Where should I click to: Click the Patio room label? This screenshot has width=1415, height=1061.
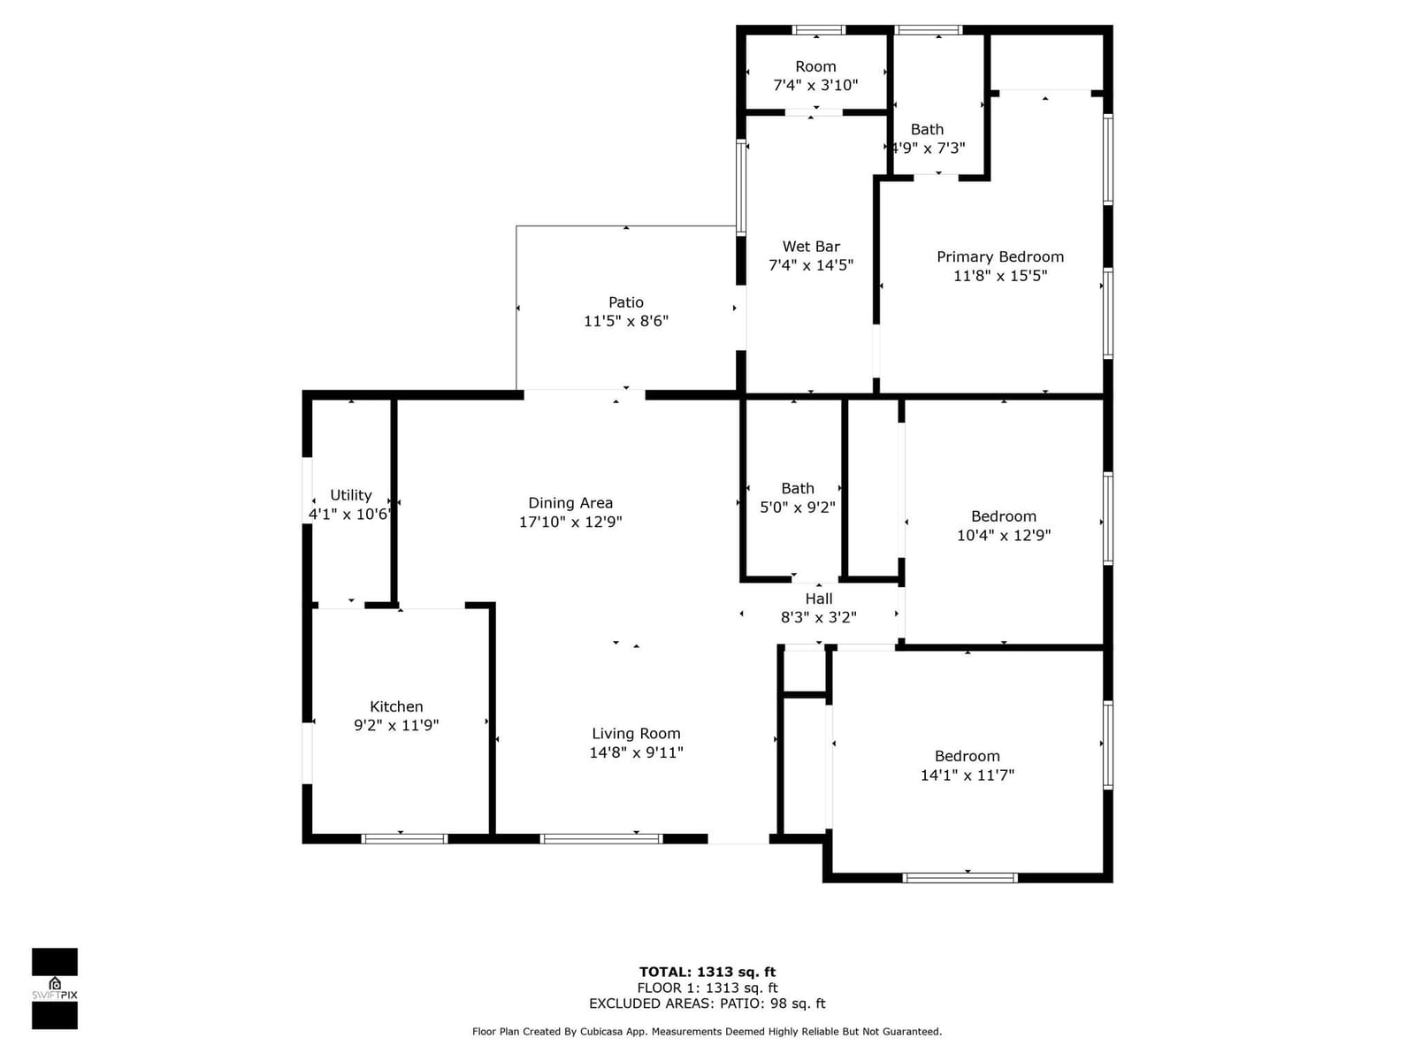[625, 302]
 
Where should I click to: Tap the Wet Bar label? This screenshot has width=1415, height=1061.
[810, 246]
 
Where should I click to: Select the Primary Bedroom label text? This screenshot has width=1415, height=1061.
[1000, 256]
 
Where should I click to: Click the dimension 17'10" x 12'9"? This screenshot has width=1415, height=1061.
[570, 521]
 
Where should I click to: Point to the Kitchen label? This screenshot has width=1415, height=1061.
[396, 706]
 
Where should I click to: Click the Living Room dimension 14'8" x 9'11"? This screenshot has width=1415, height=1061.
[636, 752]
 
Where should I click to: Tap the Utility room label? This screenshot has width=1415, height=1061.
[351, 495]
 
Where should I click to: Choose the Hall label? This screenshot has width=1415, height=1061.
[819, 599]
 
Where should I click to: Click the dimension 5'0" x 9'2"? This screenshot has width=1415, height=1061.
[798, 507]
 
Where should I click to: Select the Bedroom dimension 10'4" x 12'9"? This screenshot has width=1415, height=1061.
[1004, 535]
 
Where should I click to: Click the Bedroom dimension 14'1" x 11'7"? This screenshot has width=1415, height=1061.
[967, 775]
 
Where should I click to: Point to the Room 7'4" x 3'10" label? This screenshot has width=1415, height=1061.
[815, 75]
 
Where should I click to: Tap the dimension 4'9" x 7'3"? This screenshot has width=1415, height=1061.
[928, 149]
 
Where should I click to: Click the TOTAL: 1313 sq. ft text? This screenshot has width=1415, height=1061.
[707, 972]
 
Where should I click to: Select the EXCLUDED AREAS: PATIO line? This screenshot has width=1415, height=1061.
[707, 1003]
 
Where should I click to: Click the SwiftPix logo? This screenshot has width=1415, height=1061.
[55, 988]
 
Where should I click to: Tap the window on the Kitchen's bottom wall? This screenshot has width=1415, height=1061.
[404, 838]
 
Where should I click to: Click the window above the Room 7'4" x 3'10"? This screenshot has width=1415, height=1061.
[818, 30]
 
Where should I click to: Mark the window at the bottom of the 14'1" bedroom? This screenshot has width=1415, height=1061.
[960, 877]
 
